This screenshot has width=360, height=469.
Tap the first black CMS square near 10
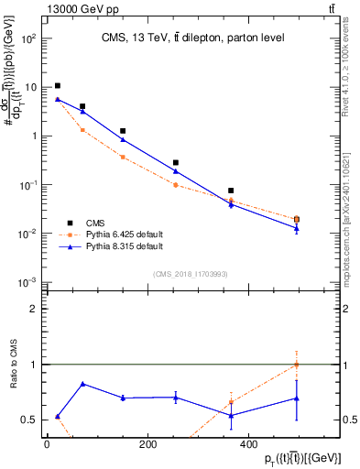click(58, 86)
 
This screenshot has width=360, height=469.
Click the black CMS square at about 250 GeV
click(176, 162)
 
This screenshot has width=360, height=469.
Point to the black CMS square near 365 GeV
click(231, 191)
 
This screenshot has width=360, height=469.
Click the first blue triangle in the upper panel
click(58, 99)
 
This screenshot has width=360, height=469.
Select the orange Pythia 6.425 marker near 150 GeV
click(123, 157)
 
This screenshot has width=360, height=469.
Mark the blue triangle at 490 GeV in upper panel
click(296, 227)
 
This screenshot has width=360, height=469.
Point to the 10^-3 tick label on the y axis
click(29, 282)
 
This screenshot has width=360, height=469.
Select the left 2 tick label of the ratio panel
click(34, 309)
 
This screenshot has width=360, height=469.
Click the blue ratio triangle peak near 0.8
click(83, 384)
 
